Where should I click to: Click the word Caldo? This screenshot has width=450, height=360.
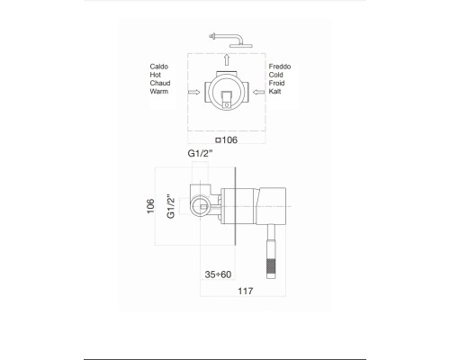[x=159, y=67]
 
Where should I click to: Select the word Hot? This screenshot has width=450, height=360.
[x=156, y=75]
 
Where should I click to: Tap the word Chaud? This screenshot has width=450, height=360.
[x=160, y=83]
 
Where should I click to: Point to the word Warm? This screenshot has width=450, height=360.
[x=159, y=91]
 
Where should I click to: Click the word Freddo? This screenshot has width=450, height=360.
[x=280, y=67]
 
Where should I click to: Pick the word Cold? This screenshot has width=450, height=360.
[x=276, y=75]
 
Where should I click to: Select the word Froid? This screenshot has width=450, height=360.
[x=276, y=83]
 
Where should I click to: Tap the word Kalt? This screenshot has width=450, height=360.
[x=274, y=91]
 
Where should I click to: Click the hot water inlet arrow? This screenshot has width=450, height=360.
[x=193, y=92]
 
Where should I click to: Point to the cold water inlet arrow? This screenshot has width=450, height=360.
[x=259, y=92]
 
